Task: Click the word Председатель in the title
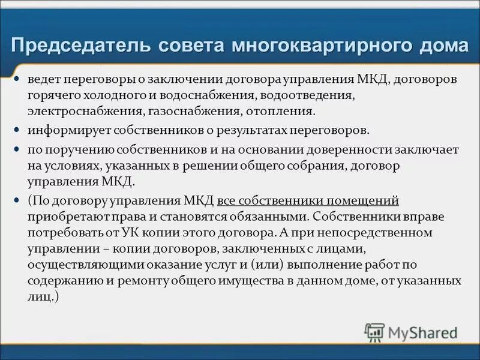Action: [x=81, y=46]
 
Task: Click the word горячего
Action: [x=52, y=95]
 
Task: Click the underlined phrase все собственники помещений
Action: [x=308, y=200]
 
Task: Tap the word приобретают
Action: [x=64, y=216]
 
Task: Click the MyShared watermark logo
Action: [x=412, y=332]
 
